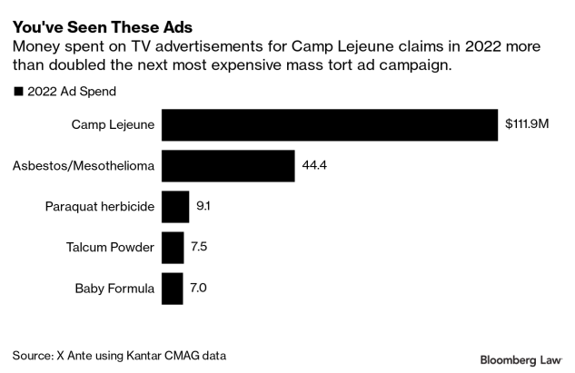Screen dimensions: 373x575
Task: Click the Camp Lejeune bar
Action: pyautogui.click(x=330, y=125)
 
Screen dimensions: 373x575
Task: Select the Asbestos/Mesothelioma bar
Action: pyautogui.click(x=228, y=166)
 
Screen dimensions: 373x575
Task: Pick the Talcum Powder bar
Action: pyautogui.click(x=172, y=247)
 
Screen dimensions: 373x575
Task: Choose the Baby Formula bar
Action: pyautogui.click(x=171, y=288)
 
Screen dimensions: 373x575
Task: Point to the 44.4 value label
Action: pyautogui.click(x=314, y=166)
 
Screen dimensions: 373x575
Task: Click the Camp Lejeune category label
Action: pyautogui.click(x=113, y=125)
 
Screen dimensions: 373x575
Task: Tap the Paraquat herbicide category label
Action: pyautogui.click(x=100, y=207)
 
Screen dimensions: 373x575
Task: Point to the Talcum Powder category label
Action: pyautogui.click(x=110, y=247)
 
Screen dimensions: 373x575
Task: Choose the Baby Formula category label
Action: pyautogui.click(x=115, y=288)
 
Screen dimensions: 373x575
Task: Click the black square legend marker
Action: pyautogui.click(x=17, y=91)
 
